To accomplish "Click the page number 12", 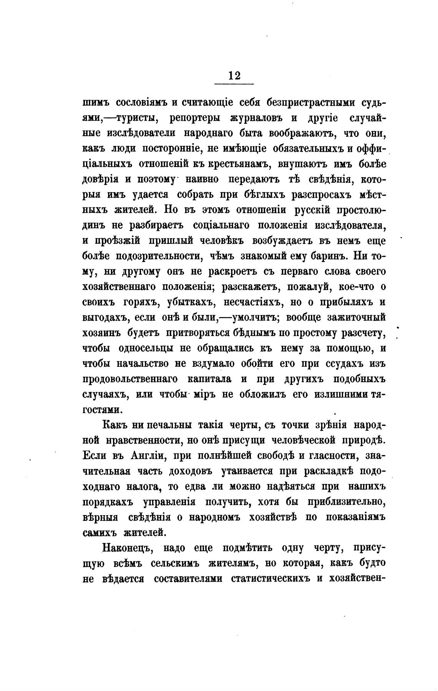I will (234, 75).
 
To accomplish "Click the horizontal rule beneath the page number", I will (234, 84).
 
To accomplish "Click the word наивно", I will (202, 180).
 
